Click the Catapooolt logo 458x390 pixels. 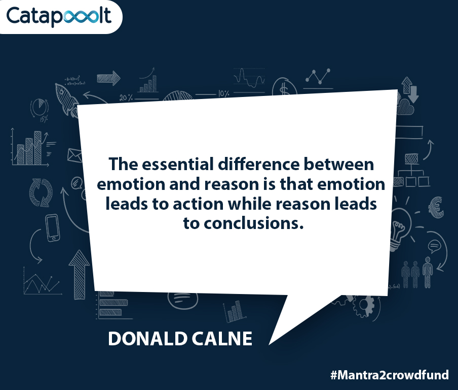pos(59,16)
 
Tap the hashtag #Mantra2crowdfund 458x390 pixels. pos(390,375)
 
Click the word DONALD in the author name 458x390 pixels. pos(148,339)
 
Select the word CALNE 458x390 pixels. pos(222,339)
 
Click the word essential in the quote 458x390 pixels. pos(178,164)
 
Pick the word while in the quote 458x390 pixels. pos(250,204)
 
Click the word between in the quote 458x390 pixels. pos(339,164)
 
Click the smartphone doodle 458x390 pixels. pos(53,228)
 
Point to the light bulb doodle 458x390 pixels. pos(401,229)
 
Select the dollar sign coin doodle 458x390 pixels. pos(284,87)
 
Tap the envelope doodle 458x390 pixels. pos(75,155)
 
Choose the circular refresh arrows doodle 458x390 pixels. pos(41,192)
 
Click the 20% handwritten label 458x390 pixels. pos(126,97)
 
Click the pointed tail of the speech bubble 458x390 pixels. pos(270,344)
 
